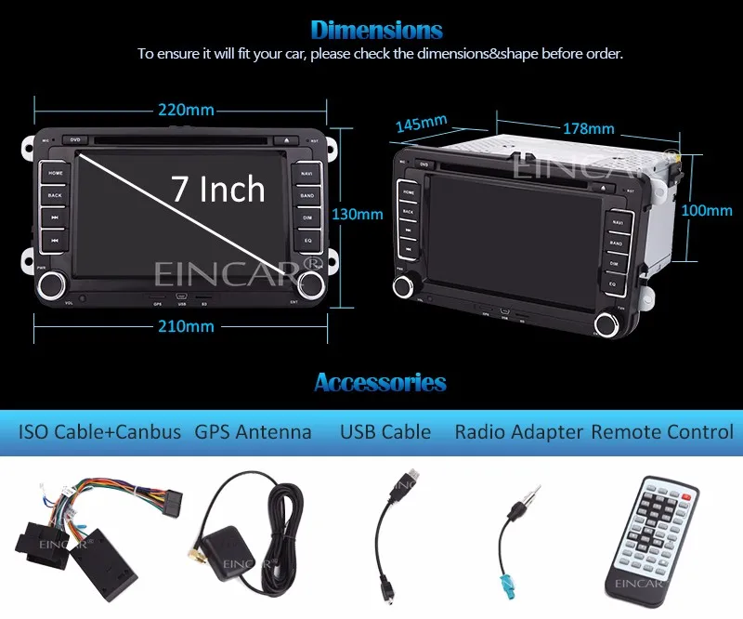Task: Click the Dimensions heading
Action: point(376,30)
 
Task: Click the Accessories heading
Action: point(380,382)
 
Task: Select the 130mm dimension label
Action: point(358,214)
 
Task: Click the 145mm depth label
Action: point(421,123)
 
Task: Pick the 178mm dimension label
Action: point(588,127)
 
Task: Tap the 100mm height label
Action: point(707,211)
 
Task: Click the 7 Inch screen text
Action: point(218,190)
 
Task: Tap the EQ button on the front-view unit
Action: point(307,241)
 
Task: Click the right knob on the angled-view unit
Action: point(608,323)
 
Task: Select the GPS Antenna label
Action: point(254,432)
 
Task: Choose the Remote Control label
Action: point(662,432)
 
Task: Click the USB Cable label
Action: point(385,432)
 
